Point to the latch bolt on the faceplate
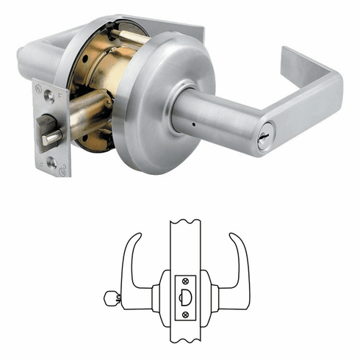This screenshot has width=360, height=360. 53,137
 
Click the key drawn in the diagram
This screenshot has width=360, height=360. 111,299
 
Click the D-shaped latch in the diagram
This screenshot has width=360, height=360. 185,298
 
